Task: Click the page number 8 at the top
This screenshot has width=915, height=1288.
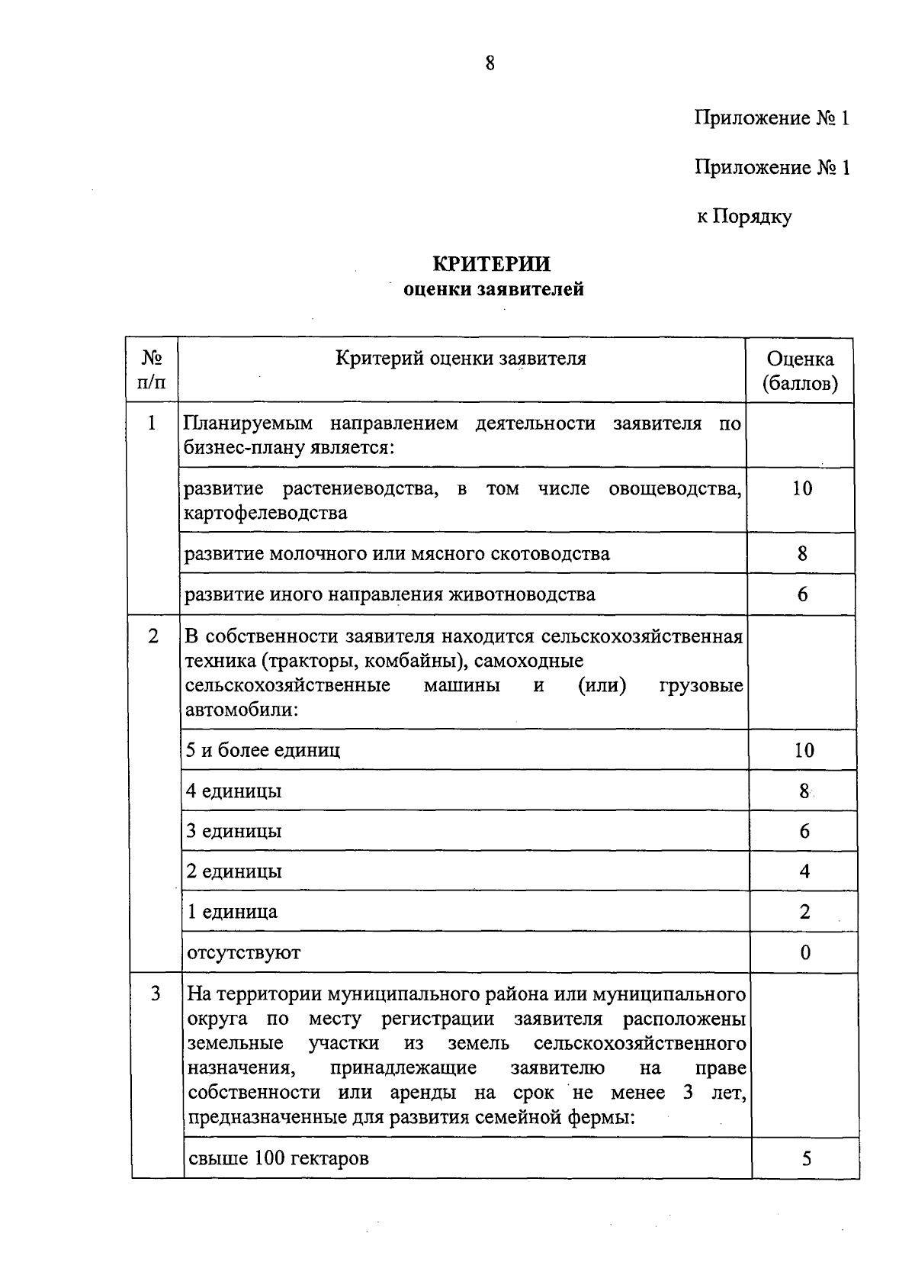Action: pos(490,63)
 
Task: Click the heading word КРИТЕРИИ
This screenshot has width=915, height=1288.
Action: pos(492,264)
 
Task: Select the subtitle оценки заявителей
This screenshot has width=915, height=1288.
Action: pos(493,290)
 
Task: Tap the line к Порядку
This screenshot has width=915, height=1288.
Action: pos(743,217)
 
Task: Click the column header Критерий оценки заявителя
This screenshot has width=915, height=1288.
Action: pos(461,359)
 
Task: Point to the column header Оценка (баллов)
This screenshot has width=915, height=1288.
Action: pos(800,371)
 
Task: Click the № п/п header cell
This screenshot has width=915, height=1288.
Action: pos(152,370)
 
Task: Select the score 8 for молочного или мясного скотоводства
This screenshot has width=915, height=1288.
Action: pos(801,554)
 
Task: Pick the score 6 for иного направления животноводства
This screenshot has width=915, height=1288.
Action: pos(801,594)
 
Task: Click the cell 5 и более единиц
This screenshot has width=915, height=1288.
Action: pos(263,750)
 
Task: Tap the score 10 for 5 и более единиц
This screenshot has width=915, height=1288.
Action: pos(804,750)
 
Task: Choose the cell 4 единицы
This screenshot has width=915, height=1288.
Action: pos(234,791)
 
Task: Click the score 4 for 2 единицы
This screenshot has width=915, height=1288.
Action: pos(804,871)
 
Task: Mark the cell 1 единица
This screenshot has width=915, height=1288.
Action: pos(233,912)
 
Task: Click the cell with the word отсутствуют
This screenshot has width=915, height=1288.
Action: pos(244,952)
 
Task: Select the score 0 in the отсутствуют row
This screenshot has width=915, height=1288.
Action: pos(805,952)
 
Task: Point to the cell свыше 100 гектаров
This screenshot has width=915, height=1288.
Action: pos(278,1158)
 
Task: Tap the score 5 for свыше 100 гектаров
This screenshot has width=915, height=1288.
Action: pos(807,1158)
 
